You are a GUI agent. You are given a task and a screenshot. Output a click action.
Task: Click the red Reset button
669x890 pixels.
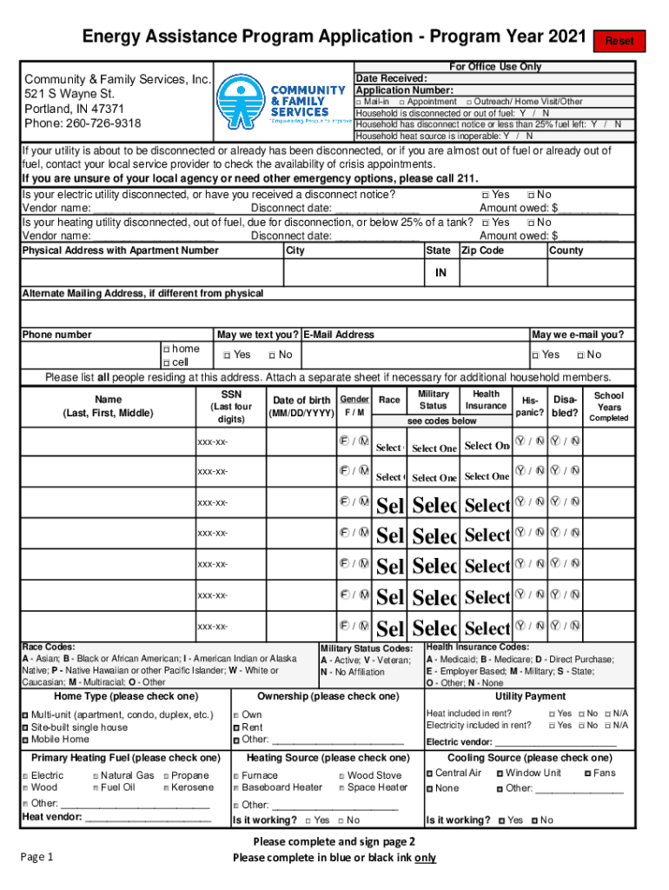coord(619,41)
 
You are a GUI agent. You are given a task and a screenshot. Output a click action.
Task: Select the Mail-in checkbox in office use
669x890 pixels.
coord(361,102)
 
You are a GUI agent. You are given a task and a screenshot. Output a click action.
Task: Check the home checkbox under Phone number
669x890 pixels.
coord(166,349)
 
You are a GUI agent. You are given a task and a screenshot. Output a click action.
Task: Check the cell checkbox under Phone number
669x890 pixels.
coord(166,362)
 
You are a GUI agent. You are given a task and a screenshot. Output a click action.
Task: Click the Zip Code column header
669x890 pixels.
coord(482,250)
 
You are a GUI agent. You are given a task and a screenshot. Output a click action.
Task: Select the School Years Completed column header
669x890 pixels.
coord(608,406)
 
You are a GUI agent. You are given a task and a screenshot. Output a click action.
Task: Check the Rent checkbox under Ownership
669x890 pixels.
coord(235,727)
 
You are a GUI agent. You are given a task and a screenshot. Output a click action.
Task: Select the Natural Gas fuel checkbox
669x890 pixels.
coord(95,775)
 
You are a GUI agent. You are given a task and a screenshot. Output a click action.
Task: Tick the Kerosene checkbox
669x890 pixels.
coord(164,787)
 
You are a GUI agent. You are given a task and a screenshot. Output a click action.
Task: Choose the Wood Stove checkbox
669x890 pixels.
coord(341,775)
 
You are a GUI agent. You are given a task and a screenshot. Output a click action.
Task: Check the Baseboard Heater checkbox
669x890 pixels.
coord(235,787)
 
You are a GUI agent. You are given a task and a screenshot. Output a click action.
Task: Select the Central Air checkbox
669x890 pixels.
coord(429,773)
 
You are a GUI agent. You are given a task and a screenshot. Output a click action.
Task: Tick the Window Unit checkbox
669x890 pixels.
coord(500,773)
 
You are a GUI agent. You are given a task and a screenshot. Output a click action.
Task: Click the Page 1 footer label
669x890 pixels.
coord(37,857)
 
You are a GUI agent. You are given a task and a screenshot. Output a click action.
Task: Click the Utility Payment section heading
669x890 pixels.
coord(530,696)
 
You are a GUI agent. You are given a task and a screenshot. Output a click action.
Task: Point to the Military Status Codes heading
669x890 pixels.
coord(367,648)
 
